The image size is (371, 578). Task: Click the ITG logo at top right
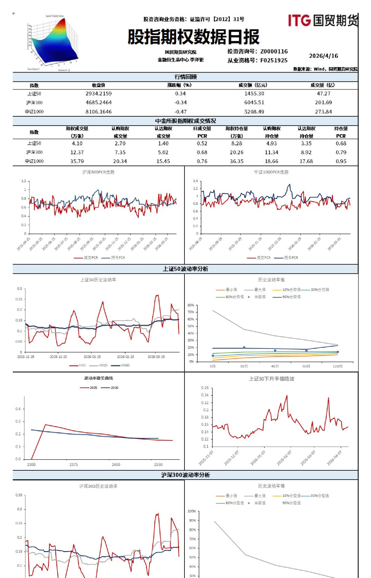coord(322,21)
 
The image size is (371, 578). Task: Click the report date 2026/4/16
coord(324,56)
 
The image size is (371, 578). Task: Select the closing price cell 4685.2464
coord(98,103)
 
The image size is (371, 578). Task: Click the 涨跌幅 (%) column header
coord(179,85)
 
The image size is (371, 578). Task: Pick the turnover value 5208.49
coord(254,112)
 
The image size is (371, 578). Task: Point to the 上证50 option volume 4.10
coord(77,143)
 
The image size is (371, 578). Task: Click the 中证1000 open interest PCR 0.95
coord(341,161)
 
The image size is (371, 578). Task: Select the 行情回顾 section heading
coord(185,77)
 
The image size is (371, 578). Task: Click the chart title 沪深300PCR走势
coord(98,172)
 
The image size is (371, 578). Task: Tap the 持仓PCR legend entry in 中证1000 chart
coord(290,258)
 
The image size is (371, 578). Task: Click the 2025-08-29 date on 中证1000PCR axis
coord(196,244)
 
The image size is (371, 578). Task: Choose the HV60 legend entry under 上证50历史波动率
coord(125,365)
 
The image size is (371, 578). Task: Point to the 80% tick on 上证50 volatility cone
coord(191,305)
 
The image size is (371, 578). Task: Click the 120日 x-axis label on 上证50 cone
coord(338,366)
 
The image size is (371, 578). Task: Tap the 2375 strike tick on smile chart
coord(74,464)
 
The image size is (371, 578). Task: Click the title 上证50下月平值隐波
coord(272,379)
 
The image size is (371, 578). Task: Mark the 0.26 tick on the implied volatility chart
coord(205,388)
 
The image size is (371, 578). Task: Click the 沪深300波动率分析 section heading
coord(185,475)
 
